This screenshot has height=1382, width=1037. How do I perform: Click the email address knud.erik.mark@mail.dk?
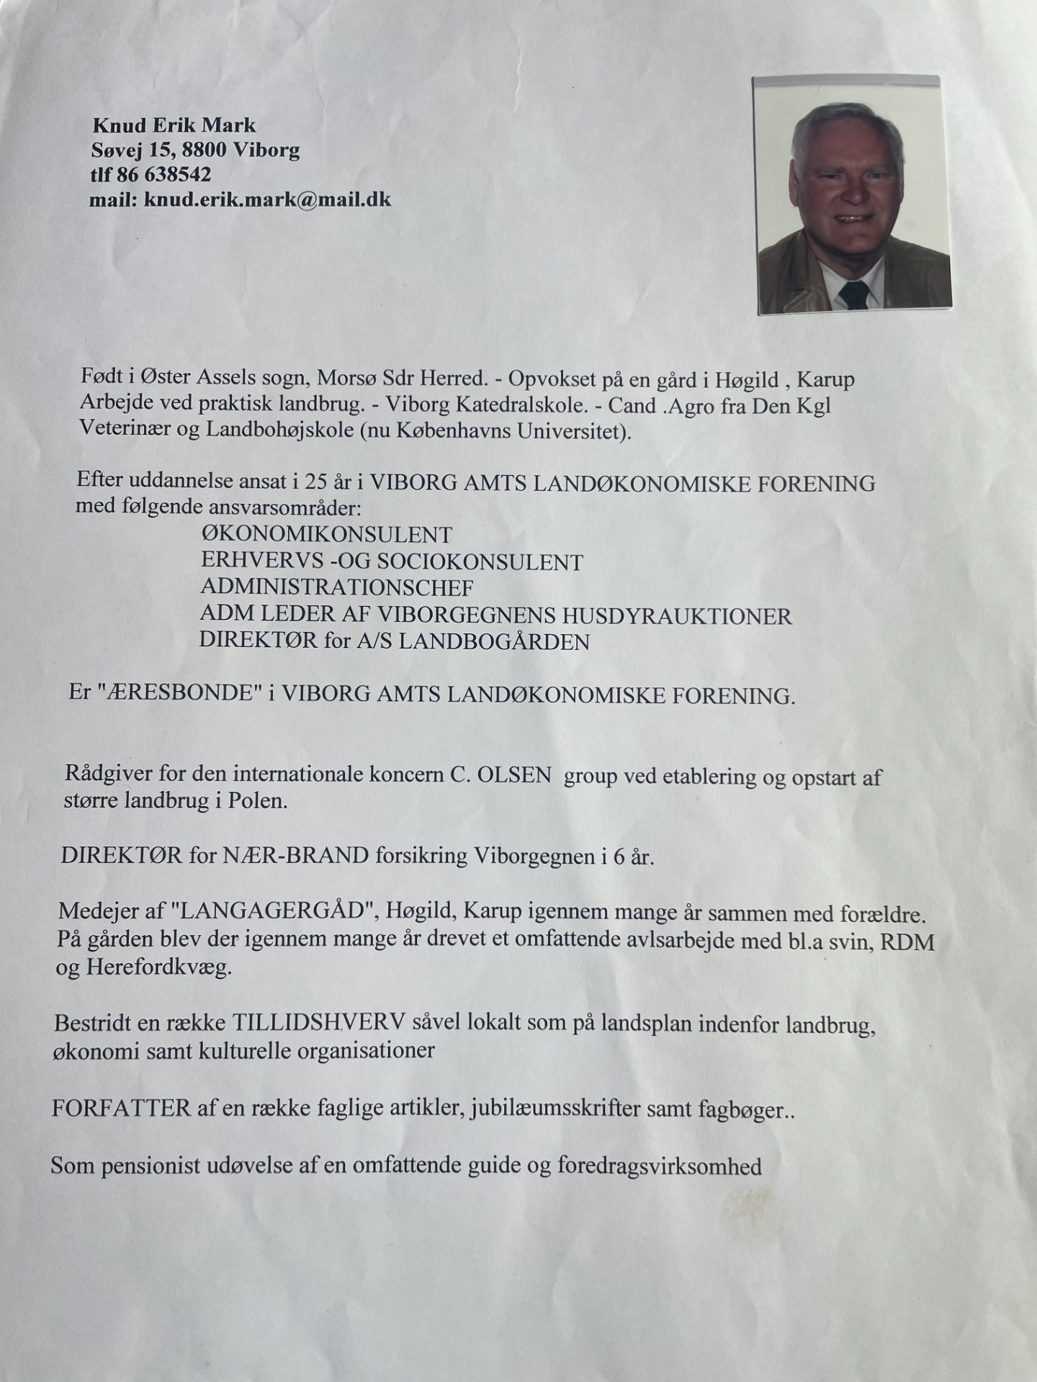pos(267,199)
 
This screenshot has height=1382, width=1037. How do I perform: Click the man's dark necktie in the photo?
pos(854,294)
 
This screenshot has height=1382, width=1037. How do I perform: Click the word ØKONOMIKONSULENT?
pos(327,535)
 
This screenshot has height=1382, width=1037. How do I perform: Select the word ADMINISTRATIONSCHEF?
pos(336,587)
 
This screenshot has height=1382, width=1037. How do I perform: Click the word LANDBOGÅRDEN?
pos(494,642)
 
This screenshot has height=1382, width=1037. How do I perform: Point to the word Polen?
pos(257,801)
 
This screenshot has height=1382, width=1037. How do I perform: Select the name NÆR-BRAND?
pos(295,856)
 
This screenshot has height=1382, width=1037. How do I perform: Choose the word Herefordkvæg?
pos(158,967)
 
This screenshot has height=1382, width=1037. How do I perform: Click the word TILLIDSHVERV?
pos(318,1022)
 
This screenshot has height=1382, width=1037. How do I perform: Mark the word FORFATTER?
pos(121,1108)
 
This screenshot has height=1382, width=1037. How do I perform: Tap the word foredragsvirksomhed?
pos(659,1165)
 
